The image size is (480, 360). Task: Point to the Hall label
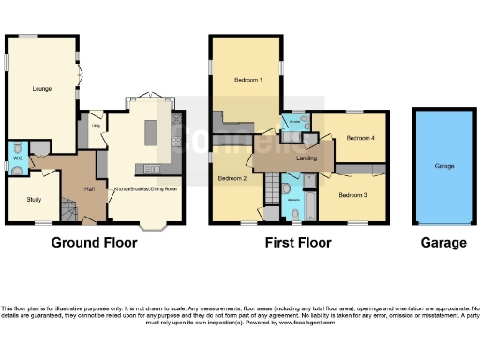click(90, 190)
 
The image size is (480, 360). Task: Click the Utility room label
click(96, 125)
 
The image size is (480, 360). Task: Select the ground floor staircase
click(67, 207)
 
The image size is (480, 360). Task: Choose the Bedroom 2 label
click(232, 177)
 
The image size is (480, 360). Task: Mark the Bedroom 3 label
click(352, 194)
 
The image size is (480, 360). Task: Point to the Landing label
click(307, 157)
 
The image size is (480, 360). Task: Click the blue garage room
click(443, 166)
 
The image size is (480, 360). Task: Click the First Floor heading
click(296, 243)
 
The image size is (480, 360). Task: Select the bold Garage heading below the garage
click(443, 243)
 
